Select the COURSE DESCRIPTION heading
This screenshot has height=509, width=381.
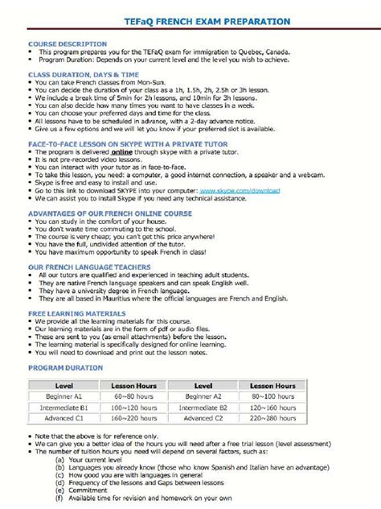(x=67, y=43)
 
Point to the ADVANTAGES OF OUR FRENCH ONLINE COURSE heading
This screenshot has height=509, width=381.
(x=109, y=213)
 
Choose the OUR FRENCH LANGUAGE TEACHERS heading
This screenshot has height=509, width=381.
(x=88, y=265)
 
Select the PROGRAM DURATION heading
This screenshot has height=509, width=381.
(x=65, y=366)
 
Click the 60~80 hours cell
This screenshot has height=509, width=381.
(x=134, y=396)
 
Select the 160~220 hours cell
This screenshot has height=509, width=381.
(x=134, y=419)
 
